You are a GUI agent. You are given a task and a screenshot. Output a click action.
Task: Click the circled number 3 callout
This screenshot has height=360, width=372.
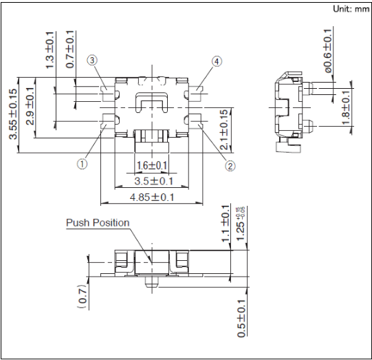click(x=92, y=61)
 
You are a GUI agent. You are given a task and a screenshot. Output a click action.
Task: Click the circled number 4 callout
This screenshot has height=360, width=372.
click(x=217, y=61)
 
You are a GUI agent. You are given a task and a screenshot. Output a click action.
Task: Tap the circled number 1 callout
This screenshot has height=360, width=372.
click(x=82, y=164)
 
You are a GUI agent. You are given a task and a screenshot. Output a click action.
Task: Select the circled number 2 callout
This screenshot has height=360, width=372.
click(x=230, y=166)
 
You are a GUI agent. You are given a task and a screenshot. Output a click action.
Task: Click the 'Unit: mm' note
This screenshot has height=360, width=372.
click(x=351, y=9)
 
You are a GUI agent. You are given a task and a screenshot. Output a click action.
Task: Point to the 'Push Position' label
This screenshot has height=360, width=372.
click(x=98, y=223)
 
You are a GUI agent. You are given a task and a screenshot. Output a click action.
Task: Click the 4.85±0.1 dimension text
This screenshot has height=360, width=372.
click(x=152, y=198)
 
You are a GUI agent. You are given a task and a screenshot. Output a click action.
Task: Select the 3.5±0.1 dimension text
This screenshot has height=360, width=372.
click(x=154, y=181)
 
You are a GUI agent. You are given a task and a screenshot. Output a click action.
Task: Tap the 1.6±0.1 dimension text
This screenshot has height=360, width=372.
click(x=152, y=165)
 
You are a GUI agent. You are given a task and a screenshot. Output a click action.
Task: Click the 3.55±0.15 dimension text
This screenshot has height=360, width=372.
click(x=13, y=114)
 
